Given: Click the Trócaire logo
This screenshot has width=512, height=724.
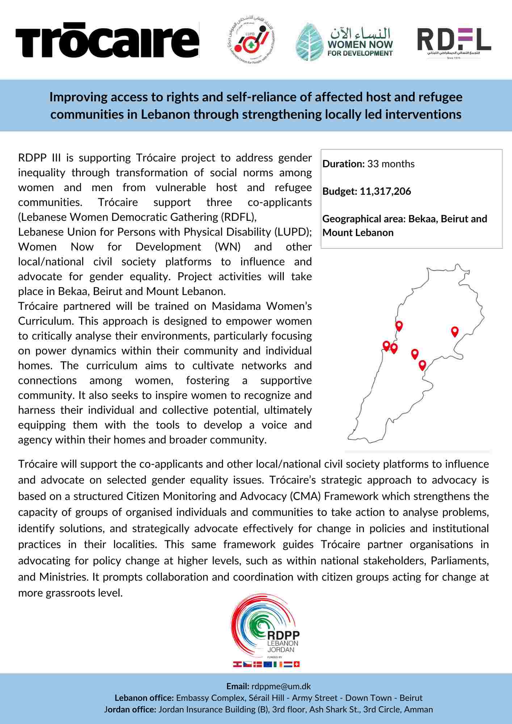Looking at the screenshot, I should [107, 40].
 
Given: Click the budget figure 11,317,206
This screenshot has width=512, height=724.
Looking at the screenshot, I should [385, 191].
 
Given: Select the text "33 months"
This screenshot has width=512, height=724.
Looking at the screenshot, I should [391, 164].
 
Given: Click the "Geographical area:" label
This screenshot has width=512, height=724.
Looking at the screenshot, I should [364, 219].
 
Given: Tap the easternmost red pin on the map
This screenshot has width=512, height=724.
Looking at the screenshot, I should [455, 331].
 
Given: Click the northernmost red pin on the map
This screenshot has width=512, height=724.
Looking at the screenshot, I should [399, 325].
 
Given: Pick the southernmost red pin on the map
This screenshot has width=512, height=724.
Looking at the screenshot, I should [422, 365].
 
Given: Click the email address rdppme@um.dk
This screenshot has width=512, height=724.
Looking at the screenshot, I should [281, 686].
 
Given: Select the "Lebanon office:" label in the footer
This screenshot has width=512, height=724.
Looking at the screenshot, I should [144, 698].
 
